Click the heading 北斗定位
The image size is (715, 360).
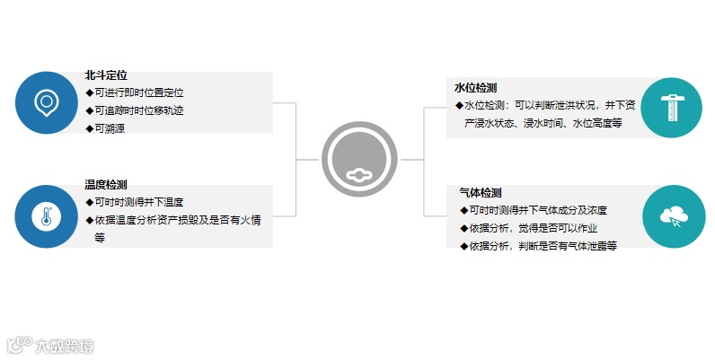point(106,75)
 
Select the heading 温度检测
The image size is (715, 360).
point(106,184)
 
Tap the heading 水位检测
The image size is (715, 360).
point(476,87)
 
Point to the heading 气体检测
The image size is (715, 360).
point(480,193)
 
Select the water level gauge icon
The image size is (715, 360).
point(673,107)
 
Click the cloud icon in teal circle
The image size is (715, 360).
point(673,216)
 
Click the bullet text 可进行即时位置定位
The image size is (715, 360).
point(139,92)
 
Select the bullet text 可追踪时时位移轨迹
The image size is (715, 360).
point(139,110)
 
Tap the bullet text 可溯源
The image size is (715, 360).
point(112,128)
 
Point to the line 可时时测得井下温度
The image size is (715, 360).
point(139,202)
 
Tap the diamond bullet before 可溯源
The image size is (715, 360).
point(89,128)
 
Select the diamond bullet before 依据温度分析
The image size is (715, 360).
point(89,220)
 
